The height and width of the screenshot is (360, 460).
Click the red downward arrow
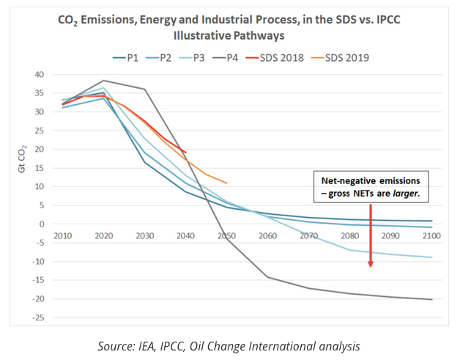coord(371,235)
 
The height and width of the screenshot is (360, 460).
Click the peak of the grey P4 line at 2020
coord(104,81)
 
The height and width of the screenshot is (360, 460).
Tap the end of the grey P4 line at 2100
coord(431,299)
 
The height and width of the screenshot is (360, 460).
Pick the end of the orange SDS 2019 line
coord(227,183)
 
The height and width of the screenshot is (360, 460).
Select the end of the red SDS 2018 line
coord(186,153)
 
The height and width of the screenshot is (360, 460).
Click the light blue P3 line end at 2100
coord(431,257)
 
